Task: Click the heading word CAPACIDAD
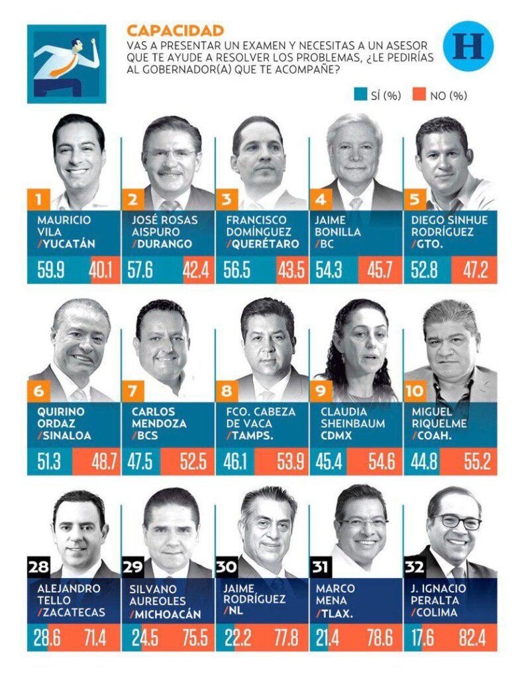(175, 30)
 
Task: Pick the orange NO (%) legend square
(419, 95)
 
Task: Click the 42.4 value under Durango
(199, 271)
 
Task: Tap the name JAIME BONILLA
(339, 226)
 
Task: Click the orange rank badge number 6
(38, 391)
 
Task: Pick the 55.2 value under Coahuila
(476, 461)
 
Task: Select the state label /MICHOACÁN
(166, 613)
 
